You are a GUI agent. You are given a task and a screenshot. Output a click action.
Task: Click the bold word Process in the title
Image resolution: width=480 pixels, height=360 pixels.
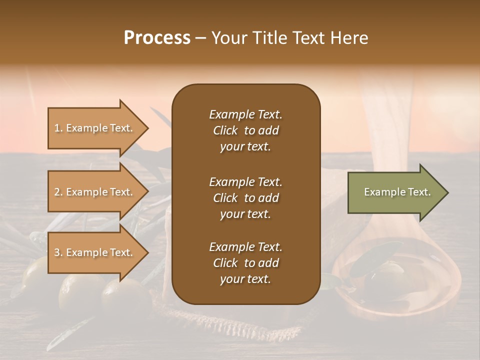(x=157, y=38)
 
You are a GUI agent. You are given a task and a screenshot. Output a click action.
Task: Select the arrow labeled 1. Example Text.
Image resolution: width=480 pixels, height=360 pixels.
(x=95, y=128)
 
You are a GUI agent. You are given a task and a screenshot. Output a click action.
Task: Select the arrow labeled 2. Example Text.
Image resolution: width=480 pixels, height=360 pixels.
(x=95, y=192)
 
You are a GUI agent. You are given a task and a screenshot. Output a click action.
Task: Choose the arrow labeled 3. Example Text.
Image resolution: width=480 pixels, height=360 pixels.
(x=95, y=252)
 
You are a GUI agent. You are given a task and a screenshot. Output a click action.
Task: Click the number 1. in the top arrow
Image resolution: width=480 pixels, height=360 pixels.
(x=58, y=128)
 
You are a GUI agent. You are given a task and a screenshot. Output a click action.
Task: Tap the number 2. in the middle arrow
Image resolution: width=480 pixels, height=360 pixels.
(x=58, y=192)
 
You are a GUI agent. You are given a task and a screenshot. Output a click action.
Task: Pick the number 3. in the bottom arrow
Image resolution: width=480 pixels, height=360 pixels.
(x=58, y=252)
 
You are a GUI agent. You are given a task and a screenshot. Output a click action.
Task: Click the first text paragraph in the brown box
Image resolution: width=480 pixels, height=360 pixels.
(x=245, y=130)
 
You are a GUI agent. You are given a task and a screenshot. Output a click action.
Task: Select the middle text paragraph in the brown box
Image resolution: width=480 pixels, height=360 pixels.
(x=245, y=197)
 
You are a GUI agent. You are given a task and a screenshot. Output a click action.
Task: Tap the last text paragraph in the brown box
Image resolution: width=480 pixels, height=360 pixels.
(x=245, y=263)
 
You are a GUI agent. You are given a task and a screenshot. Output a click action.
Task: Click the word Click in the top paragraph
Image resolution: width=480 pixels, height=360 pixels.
(x=225, y=130)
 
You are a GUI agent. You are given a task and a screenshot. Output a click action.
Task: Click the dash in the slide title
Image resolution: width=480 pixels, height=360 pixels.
(x=200, y=38)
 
